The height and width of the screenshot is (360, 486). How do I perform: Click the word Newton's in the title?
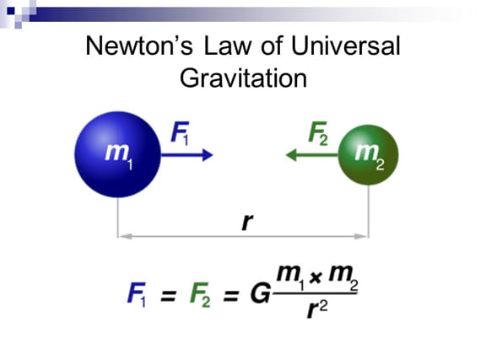(x=139, y=46)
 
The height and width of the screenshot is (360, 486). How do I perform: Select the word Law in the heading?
(x=228, y=46)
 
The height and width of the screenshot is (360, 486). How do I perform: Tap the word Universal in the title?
(x=346, y=46)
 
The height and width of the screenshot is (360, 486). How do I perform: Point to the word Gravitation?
(x=243, y=78)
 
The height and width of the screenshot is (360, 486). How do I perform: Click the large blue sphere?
(x=118, y=154)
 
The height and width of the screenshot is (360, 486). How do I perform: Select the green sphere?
(x=368, y=155)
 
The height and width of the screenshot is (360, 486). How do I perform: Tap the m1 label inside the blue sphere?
(x=119, y=156)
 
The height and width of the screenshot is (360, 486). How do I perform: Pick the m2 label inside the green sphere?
(x=370, y=156)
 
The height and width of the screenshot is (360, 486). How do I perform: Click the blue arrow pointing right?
(x=187, y=154)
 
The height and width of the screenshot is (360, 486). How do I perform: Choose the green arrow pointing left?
(x=311, y=154)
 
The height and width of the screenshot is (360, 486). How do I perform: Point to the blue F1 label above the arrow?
(x=180, y=133)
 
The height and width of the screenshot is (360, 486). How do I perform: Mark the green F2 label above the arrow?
(x=318, y=133)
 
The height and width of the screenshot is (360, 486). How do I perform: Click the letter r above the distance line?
(x=247, y=222)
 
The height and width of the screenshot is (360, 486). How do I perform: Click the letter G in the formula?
(x=261, y=293)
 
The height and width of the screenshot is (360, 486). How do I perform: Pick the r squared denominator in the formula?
(x=316, y=309)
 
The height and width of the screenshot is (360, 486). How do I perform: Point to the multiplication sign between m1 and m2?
(x=315, y=277)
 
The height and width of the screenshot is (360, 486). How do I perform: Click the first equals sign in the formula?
(x=168, y=296)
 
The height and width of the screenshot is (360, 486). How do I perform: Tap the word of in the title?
(x=272, y=46)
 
